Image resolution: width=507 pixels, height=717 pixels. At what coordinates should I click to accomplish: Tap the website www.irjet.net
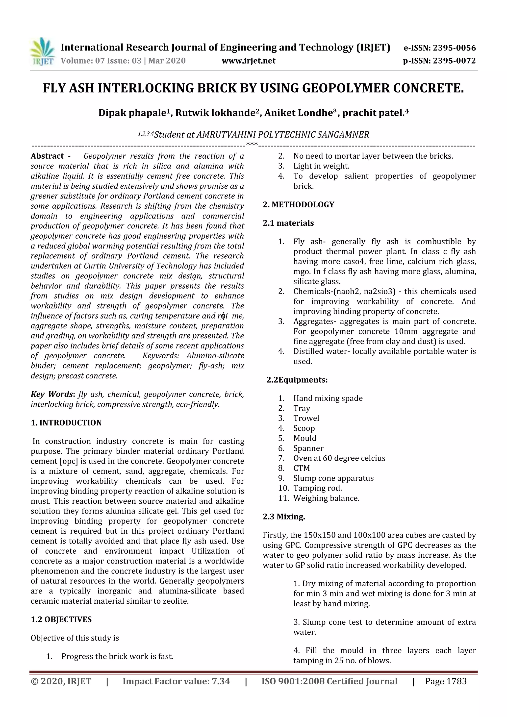(x=248, y=61)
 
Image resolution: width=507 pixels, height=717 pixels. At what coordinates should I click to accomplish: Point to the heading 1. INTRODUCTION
(x=66, y=423)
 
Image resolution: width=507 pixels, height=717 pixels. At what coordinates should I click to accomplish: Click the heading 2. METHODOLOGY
(x=298, y=204)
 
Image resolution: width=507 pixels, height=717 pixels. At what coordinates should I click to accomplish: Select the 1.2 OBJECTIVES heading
(x=61, y=619)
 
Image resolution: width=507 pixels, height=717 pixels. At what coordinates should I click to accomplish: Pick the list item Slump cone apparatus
(x=333, y=478)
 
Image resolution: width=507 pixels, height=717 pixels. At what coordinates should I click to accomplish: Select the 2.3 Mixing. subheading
(x=284, y=517)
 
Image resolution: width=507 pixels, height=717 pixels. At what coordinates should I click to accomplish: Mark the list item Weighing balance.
(x=326, y=498)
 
